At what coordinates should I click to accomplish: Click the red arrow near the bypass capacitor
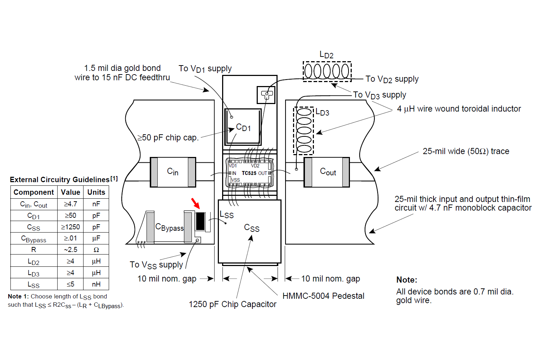point(195,203)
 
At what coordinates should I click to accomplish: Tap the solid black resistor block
point(200,221)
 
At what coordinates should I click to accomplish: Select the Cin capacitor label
point(172,171)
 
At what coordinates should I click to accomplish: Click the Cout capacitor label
point(328,171)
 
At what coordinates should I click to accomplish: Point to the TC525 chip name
point(249,173)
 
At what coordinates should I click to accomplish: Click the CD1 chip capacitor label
point(243,127)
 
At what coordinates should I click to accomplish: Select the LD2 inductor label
point(327,55)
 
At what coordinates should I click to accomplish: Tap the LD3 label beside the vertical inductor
point(322,112)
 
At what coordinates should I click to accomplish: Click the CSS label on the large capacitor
point(252,228)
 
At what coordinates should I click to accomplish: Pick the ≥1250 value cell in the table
point(70,227)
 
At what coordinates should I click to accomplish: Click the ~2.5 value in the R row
point(71,249)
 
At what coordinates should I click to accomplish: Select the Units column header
point(96,192)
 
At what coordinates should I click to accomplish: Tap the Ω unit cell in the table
point(96,249)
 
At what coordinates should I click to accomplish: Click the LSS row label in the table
point(33,285)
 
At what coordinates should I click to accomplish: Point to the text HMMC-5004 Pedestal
point(323,296)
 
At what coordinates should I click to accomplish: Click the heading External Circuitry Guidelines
point(59,180)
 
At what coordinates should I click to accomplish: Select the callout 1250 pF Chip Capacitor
point(233,304)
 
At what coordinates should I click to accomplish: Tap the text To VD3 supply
point(380,95)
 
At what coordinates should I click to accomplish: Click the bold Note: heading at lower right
point(407,280)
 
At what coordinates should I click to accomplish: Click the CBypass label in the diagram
point(170,227)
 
